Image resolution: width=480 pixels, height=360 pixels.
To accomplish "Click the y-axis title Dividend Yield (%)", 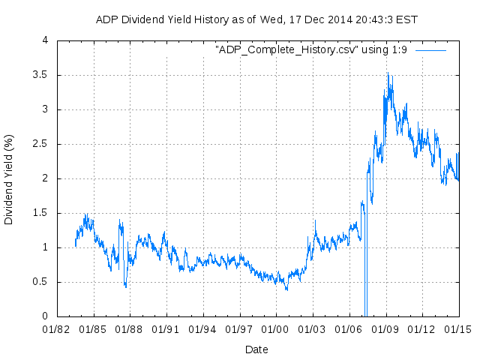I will tap(9, 178).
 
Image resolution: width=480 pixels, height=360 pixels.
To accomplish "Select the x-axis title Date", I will tap(256, 349).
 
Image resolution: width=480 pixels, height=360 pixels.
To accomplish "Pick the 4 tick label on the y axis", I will tap(46, 40).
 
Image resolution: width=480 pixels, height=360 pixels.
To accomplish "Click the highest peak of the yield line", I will tap(388, 73).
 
